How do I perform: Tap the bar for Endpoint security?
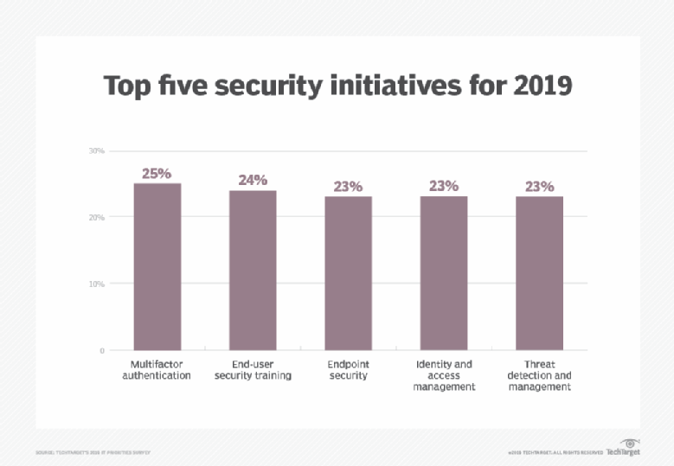pyautogui.click(x=348, y=273)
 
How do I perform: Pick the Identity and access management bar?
pyautogui.click(x=443, y=273)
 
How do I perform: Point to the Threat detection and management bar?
pyautogui.click(x=539, y=273)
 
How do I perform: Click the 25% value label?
pyautogui.click(x=157, y=173)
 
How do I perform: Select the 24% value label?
pyautogui.click(x=252, y=180)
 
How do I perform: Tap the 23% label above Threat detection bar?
pyautogui.click(x=539, y=186)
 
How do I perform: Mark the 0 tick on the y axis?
pyautogui.click(x=100, y=350)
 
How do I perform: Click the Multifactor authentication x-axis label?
pyautogui.click(x=157, y=370)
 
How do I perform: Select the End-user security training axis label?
pyautogui.click(x=252, y=370)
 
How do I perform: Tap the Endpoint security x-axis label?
pyautogui.click(x=348, y=370)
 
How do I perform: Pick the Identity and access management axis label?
pyautogui.click(x=443, y=376)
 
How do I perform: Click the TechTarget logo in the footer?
pyautogui.click(x=623, y=449)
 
